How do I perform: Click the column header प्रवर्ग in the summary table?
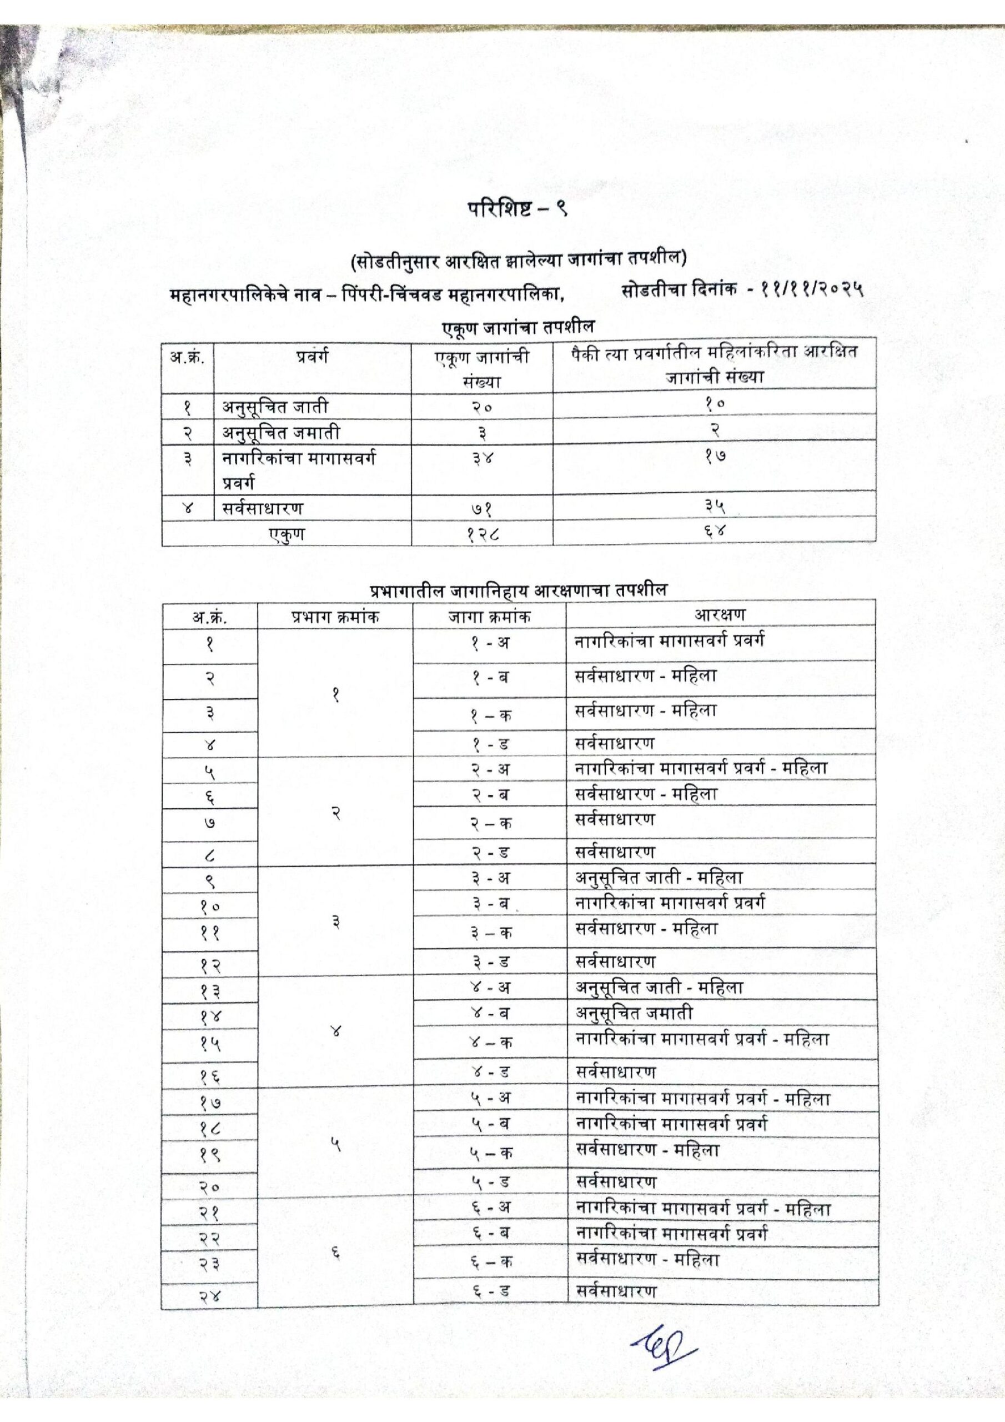coord(312,357)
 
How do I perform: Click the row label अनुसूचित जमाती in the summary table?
coord(281,432)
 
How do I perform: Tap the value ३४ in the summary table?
coord(483,459)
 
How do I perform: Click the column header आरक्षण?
coord(720,614)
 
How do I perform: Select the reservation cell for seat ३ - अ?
coord(660,878)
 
